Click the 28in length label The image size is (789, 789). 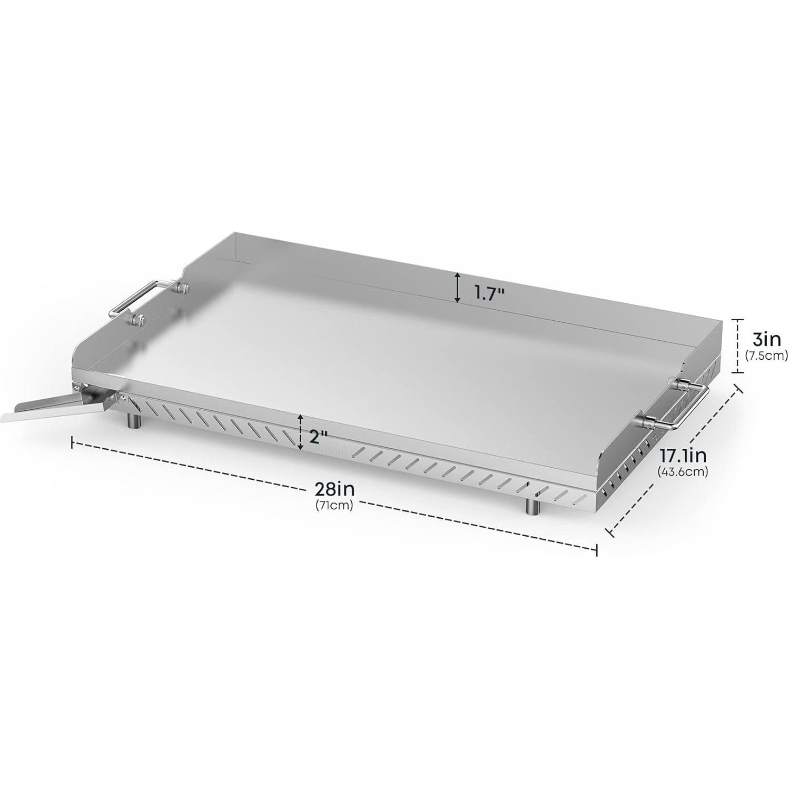[334, 489]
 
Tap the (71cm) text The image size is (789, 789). [334, 506]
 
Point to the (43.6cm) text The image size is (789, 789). [683, 472]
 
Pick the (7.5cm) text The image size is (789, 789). [766, 356]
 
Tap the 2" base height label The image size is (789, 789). [318, 437]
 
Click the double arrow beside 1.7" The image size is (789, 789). [458, 288]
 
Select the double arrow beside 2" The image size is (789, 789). [300, 432]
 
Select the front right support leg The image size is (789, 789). [532, 506]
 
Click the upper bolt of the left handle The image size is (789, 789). [183, 288]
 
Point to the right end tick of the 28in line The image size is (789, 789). [596, 549]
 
